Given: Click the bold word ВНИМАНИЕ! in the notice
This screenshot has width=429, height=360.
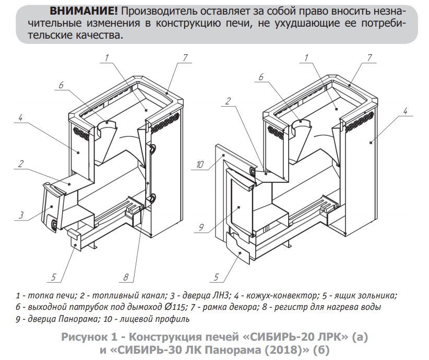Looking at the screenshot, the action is (84, 11).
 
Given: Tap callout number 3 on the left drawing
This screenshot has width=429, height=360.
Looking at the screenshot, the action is (21, 215).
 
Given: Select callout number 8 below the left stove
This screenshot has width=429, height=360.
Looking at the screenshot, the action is (126, 277).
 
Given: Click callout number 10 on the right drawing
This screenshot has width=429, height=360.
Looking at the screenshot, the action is (200, 165).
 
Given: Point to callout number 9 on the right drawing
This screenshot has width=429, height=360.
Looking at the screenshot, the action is (201, 227).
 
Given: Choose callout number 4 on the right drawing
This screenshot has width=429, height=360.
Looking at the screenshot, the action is (405, 111).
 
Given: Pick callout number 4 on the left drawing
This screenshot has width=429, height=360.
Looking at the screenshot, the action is (20, 118).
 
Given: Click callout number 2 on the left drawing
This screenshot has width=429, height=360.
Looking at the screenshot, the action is (20, 164).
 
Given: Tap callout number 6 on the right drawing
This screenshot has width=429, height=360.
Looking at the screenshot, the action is (261, 77).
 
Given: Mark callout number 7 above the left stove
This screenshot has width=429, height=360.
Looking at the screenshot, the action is (185, 58).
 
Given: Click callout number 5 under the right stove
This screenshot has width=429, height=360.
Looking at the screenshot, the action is (217, 277).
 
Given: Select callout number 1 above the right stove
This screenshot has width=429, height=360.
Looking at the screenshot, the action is (306, 57).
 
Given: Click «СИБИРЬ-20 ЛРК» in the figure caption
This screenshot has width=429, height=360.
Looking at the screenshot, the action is (295, 336).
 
